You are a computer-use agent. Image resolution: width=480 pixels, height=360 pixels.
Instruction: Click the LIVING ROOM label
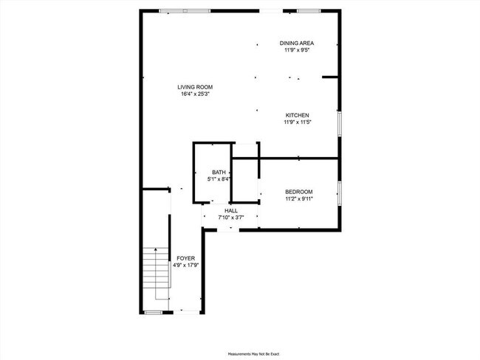pos(195,87)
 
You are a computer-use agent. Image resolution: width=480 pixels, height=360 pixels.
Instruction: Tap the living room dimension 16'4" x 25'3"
pos(195,94)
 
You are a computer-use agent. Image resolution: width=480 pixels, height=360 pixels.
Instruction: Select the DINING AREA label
pos(297,44)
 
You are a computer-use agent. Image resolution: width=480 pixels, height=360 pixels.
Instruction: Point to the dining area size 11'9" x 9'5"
pos(297,50)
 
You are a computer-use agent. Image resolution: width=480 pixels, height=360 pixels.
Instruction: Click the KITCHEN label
pos(297,115)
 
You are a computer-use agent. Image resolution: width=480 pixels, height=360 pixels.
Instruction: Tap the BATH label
pos(219,172)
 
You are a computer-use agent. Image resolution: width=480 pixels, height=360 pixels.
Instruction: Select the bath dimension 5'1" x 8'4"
pos(219,179)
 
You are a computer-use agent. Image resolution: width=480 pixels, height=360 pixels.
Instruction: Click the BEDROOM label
pos(299,191)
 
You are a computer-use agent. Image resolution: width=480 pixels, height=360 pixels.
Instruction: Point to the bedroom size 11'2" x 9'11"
pos(299,198)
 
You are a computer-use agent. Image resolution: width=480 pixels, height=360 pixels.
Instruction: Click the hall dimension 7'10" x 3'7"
pos(231,218)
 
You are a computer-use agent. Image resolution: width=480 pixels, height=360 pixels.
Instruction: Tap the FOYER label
pos(185,258)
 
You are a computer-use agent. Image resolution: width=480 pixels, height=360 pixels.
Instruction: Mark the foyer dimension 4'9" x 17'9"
pos(185,265)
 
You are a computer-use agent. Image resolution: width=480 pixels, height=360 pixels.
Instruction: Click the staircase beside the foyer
pos(155,273)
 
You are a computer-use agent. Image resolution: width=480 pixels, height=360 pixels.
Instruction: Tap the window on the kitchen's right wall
pos(340,123)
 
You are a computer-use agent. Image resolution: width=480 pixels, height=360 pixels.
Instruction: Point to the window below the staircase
pos(153,313)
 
